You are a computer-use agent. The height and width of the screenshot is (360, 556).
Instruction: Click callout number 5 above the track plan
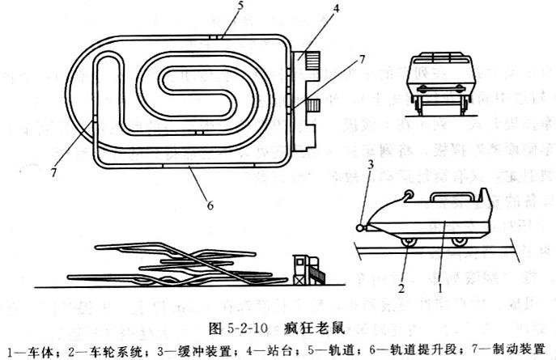point(217,6)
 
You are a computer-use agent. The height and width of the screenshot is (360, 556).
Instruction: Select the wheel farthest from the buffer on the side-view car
point(461,239)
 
